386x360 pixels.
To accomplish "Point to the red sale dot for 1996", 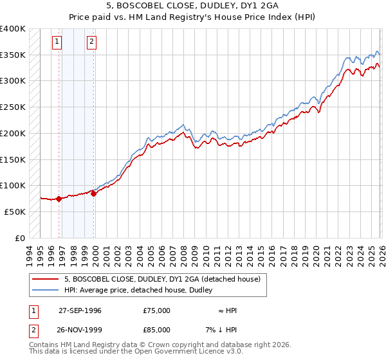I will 59,199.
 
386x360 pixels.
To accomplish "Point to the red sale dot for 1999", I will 94,194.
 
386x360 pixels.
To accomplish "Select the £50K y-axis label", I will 15,212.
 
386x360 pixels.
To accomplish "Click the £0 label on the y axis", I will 21,238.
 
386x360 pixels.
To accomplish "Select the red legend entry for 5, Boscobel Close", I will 161,279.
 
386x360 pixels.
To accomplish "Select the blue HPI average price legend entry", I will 142,291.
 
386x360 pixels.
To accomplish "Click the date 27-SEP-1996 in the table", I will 80,310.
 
